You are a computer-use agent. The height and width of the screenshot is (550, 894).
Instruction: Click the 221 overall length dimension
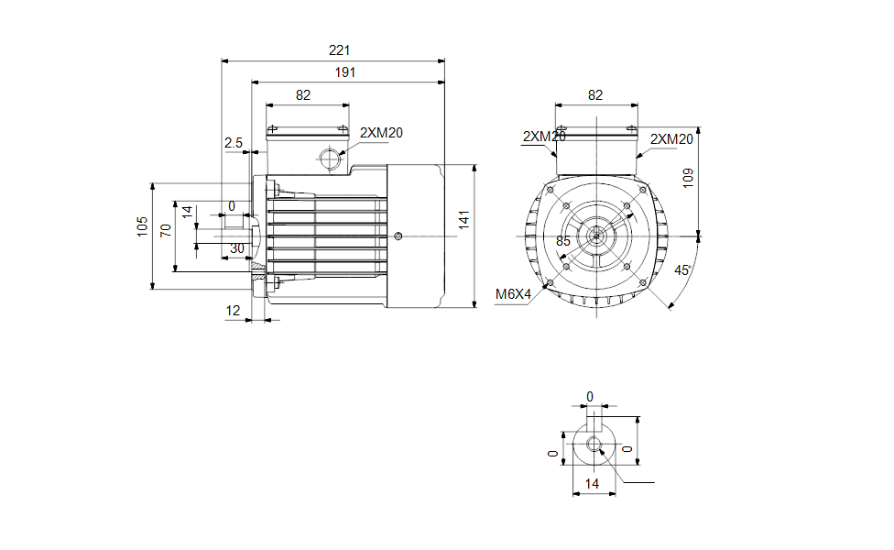(340, 50)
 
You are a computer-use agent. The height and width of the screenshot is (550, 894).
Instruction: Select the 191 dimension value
(344, 72)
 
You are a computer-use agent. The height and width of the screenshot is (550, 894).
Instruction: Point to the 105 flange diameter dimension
(142, 226)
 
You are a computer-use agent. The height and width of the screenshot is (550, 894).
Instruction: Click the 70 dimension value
(166, 229)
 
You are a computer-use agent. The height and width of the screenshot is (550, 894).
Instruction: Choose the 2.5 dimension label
(233, 143)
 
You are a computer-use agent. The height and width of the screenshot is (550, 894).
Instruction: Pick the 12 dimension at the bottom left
(233, 311)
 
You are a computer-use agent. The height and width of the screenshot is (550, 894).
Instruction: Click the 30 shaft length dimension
(236, 248)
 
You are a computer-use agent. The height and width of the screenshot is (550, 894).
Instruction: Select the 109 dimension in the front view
(689, 178)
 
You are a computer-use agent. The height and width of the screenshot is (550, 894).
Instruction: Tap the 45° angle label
(681, 270)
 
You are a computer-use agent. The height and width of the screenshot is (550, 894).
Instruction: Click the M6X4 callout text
(514, 294)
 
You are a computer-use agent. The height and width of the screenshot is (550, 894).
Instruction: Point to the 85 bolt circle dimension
(563, 241)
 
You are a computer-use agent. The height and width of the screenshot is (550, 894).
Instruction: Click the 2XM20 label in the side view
(381, 133)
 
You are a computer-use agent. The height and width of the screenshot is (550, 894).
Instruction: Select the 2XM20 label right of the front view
(671, 138)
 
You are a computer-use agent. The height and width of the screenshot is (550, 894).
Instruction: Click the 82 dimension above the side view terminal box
(303, 94)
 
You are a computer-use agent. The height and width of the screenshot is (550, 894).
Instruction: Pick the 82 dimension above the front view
(595, 94)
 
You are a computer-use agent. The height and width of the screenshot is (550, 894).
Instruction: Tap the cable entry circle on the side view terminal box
(329, 159)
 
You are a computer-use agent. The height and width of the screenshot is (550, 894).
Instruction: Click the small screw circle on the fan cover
(398, 236)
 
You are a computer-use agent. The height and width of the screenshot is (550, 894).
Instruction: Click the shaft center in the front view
(596, 236)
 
